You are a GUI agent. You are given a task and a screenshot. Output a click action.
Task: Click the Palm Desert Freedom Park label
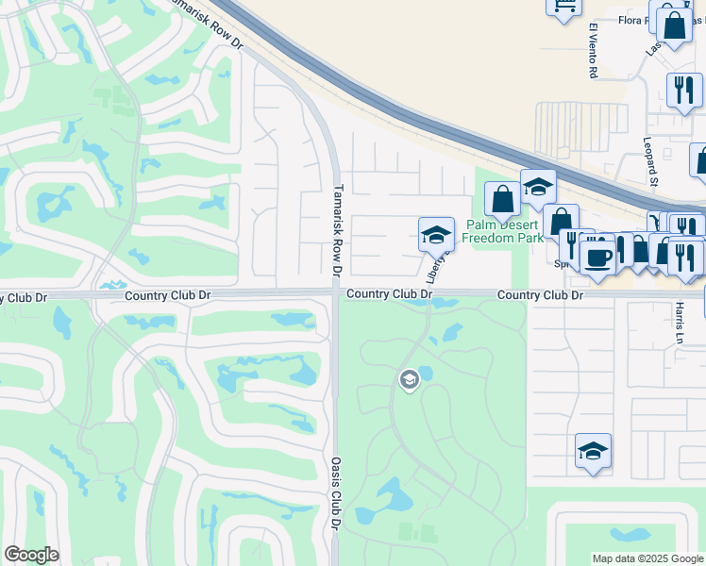[503, 231]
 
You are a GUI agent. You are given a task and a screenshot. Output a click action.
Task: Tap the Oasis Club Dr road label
[335, 491]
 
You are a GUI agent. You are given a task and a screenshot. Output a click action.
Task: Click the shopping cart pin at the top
[563, 8]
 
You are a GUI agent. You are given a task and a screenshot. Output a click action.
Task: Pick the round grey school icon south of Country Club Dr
[409, 380]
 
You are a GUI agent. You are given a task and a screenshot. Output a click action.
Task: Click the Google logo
[31, 555]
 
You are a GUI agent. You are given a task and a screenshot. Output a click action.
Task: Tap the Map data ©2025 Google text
[647, 558]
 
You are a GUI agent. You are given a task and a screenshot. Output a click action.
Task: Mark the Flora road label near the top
[631, 20]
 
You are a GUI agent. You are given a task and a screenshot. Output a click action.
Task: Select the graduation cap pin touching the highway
[538, 187]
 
